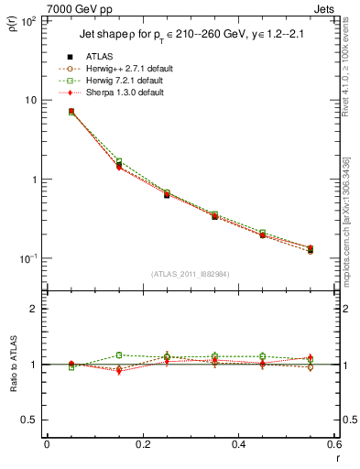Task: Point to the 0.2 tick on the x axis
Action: (x=142, y=445)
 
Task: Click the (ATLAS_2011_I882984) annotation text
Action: (x=190, y=273)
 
